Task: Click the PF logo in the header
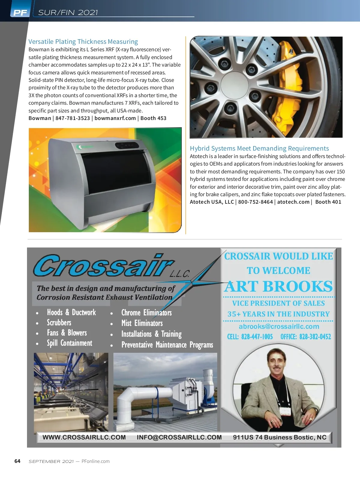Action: tap(20, 13)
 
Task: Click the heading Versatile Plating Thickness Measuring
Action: tap(83, 41)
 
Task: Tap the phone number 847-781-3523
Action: tap(73, 118)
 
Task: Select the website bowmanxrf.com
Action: tap(115, 118)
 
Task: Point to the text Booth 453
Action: tap(153, 118)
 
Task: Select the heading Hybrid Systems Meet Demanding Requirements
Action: tap(259, 148)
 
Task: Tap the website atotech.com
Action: tap(293, 202)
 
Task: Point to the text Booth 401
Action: tap(328, 202)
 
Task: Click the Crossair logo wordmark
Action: tap(103, 266)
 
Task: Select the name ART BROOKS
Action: tap(279, 286)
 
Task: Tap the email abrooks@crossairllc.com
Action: tap(279, 326)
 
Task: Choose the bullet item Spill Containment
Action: tap(69, 343)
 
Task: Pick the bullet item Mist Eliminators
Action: tap(142, 323)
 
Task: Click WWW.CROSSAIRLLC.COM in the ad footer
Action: tap(84, 437)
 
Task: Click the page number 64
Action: tap(17, 461)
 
